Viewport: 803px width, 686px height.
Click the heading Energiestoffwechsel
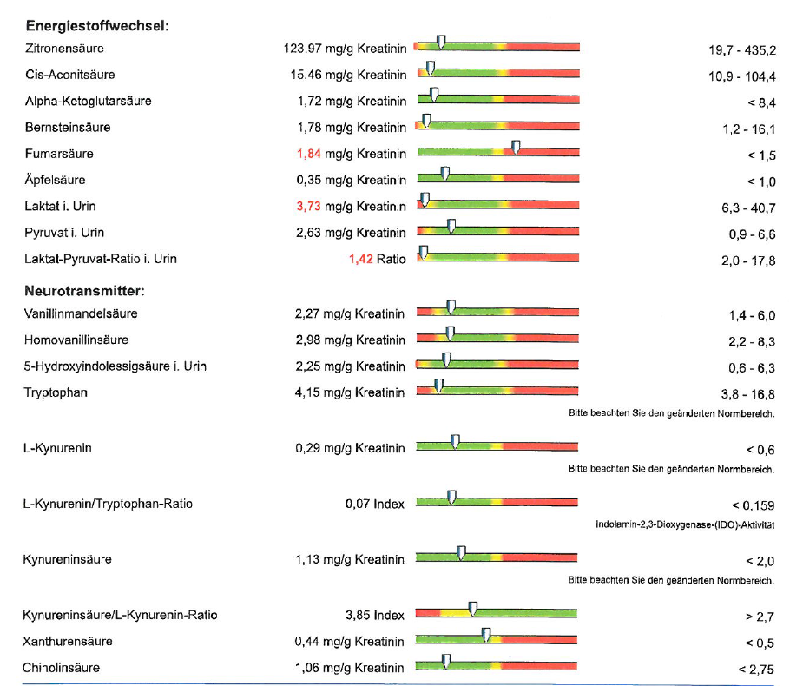96,25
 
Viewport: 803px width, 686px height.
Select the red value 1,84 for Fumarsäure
309,154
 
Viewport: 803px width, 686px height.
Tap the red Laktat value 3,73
309,206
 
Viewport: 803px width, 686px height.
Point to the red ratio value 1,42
360,259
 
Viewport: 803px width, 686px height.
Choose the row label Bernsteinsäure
67,128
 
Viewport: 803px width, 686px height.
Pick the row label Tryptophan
56,392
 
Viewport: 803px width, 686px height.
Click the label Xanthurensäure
67,641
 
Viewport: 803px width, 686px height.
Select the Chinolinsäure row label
61,668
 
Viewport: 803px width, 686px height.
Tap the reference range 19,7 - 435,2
742,50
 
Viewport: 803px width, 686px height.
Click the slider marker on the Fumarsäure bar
517,148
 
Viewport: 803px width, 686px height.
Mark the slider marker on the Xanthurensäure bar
486,635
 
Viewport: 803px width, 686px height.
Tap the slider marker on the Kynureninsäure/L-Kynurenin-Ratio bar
473,608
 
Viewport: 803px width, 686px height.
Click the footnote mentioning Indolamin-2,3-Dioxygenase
685,524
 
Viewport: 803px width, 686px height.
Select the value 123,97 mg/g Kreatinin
345,49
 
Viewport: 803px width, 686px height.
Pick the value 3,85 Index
375,615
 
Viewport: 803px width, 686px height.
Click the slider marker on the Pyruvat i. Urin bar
451,226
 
